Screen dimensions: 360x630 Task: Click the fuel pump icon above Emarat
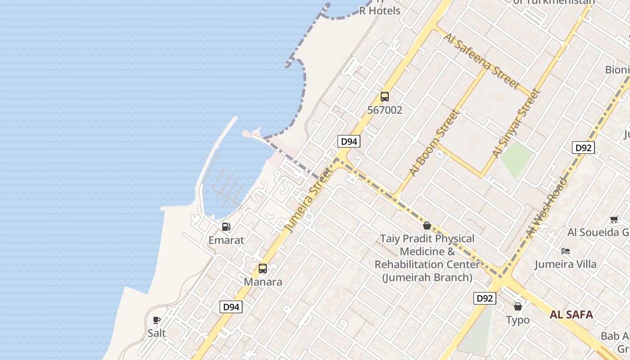(x=226, y=227)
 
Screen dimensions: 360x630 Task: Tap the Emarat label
(x=226, y=240)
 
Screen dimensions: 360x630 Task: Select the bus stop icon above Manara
(x=263, y=269)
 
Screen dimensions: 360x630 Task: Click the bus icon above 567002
(x=385, y=96)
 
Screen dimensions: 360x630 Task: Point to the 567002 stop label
(x=385, y=110)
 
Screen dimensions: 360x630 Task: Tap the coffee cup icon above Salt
(x=157, y=320)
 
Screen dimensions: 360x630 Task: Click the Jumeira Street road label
(x=310, y=199)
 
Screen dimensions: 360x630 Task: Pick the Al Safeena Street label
(x=481, y=60)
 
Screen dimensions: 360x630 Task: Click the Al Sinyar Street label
(x=516, y=124)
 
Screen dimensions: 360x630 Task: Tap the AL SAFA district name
(x=571, y=315)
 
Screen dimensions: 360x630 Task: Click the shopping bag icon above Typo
(x=518, y=306)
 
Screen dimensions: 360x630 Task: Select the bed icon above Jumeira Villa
(x=566, y=251)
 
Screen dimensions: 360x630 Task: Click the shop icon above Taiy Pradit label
(x=427, y=225)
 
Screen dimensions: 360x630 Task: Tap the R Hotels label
(x=379, y=11)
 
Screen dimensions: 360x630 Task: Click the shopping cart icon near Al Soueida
(x=614, y=220)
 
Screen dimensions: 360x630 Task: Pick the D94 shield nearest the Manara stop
(x=231, y=307)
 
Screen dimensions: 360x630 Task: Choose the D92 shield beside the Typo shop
(x=485, y=298)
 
